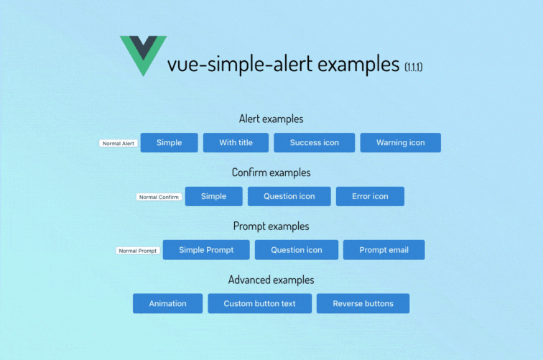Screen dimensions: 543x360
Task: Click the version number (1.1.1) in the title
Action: click(x=414, y=67)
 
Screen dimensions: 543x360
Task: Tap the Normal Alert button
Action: click(x=119, y=143)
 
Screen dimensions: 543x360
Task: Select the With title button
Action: click(x=236, y=142)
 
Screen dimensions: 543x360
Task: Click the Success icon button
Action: click(x=315, y=142)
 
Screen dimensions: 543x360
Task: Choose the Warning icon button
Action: click(x=400, y=142)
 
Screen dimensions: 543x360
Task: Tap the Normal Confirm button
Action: click(x=159, y=197)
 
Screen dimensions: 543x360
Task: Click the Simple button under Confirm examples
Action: click(x=213, y=196)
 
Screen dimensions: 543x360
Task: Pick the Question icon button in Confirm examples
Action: click(x=289, y=196)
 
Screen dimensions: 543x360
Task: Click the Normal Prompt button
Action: click(x=138, y=251)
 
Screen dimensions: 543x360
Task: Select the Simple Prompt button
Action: click(x=206, y=250)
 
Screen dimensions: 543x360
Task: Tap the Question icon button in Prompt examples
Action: click(x=297, y=250)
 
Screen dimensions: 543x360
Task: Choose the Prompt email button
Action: click(x=384, y=250)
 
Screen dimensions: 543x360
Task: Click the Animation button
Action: click(x=167, y=303)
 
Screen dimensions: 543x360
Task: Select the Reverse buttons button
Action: click(x=363, y=303)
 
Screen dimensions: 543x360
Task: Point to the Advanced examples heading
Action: click(x=271, y=280)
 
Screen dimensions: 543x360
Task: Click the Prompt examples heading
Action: click(x=271, y=226)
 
